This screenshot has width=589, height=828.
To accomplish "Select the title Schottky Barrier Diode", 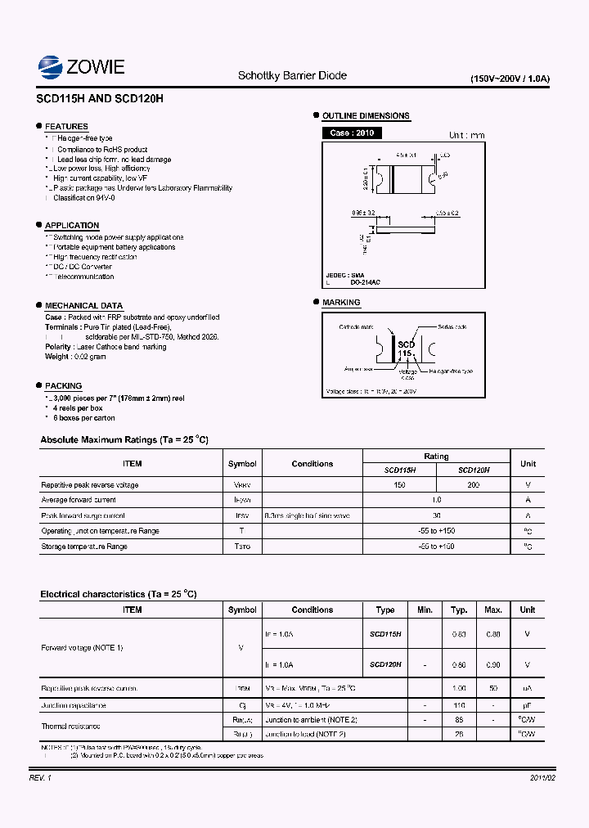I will point(292,75).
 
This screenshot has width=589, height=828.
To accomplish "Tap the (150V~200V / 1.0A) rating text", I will point(510,79).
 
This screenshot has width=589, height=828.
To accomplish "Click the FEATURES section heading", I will point(66,127).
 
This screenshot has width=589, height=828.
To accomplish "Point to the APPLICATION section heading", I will point(72,226).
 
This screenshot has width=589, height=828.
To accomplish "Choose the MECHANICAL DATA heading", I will point(83,306).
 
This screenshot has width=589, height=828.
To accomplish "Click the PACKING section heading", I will point(63,386).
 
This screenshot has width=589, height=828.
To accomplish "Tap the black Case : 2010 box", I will point(352,133).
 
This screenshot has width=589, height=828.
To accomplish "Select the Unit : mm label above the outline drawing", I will point(466,136).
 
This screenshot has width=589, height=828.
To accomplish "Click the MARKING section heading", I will point(341,303).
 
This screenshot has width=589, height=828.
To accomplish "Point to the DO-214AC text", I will point(365,282).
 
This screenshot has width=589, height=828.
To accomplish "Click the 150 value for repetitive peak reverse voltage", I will point(399,485).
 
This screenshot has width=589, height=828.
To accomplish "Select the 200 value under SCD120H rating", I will point(473,485).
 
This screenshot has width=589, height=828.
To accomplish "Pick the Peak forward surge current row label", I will point(83,515).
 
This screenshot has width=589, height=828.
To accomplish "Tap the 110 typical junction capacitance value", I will point(459,705).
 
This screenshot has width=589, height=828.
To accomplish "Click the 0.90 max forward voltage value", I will point(493,665).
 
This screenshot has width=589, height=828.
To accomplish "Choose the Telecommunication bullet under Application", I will point(83,277).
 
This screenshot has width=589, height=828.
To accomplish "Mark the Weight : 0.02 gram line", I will point(75,357).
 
